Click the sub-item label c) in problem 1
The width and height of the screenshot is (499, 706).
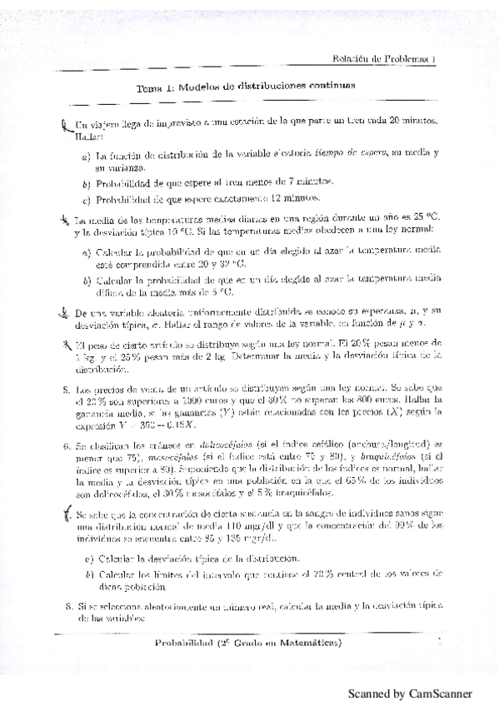point(86,199)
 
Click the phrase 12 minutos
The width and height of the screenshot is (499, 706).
point(292,199)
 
